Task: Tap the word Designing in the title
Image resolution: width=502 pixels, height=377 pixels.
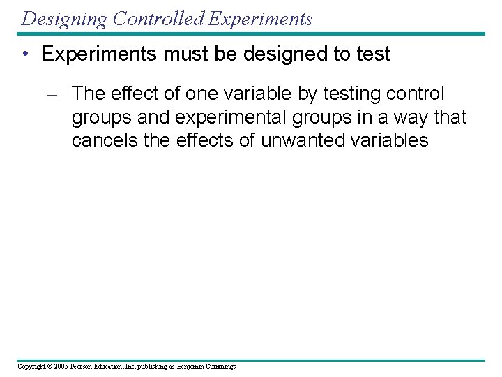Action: tap(64, 19)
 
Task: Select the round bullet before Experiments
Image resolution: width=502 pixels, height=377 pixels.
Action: tap(26, 55)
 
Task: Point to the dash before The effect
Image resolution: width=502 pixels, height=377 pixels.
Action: tap(59, 94)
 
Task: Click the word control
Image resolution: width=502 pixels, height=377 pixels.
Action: tap(421, 94)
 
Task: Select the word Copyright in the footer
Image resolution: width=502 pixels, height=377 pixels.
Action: tap(32, 367)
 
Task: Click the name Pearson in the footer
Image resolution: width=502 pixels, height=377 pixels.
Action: tap(82, 367)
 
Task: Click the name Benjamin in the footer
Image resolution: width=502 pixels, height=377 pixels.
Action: tap(190, 367)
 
